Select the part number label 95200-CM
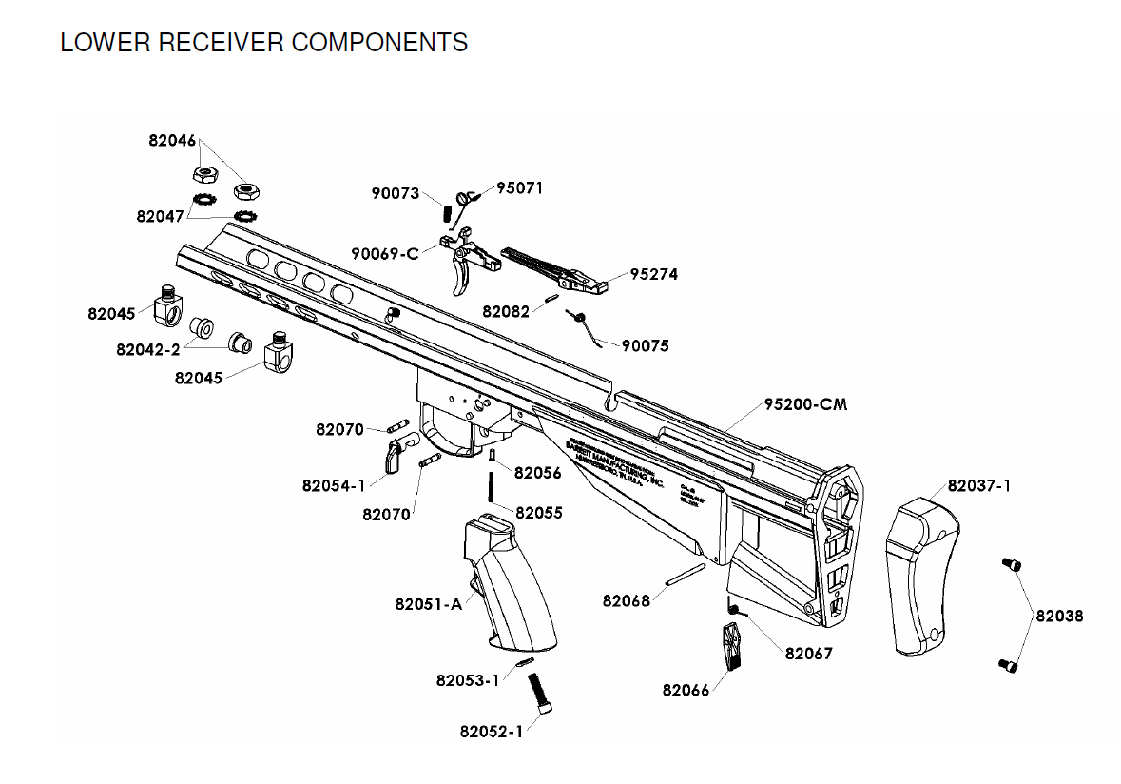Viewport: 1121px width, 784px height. [805, 404]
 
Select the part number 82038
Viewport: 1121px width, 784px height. [1059, 616]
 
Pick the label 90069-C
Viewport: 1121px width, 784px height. [384, 254]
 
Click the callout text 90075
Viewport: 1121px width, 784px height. [646, 346]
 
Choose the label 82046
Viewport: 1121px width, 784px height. [172, 140]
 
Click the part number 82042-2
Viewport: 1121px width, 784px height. [148, 349]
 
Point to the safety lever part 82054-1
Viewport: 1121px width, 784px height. [395, 455]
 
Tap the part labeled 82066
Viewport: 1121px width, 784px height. [732, 646]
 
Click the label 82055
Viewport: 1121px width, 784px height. [539, 513]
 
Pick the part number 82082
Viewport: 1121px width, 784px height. [506, 311]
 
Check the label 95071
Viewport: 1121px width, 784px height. [520, 187]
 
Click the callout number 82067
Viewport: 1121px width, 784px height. [808, 654]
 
